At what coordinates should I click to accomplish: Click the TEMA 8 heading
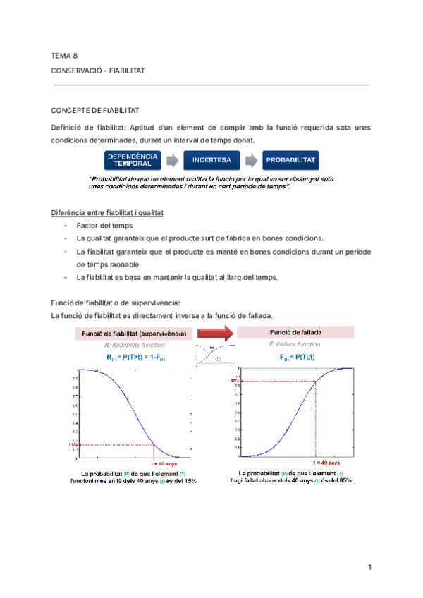click(x=64, y=55)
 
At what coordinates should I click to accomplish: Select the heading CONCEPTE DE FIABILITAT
click(x=95, y=111)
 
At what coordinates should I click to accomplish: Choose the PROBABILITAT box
click(x=290, y=159)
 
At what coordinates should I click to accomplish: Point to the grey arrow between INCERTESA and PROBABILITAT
click(x=250, y=159)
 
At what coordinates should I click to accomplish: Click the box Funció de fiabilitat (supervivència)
click(x=134, y=333)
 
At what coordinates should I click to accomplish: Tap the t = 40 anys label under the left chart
click(x=164, y=463)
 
